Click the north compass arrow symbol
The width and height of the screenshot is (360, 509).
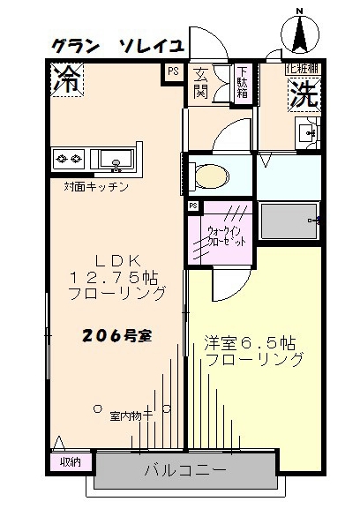coord(298,34)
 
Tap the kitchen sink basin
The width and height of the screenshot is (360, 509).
coord(115,161)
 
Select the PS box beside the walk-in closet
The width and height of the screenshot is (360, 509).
coord(192,206)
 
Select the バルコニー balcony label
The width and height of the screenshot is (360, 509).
coord(185,470)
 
